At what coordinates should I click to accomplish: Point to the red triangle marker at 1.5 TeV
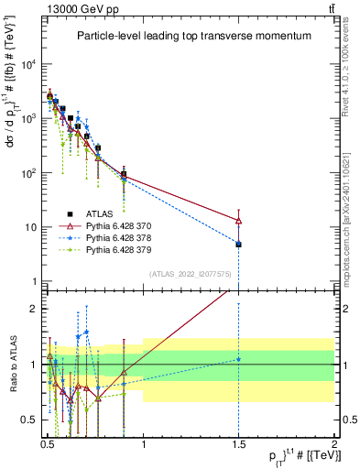[238, 221]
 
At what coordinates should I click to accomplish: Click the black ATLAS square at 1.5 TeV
[238, 245]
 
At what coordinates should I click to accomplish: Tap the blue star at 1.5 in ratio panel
[238, 359]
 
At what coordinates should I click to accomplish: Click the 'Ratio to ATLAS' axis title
[12, 365]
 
